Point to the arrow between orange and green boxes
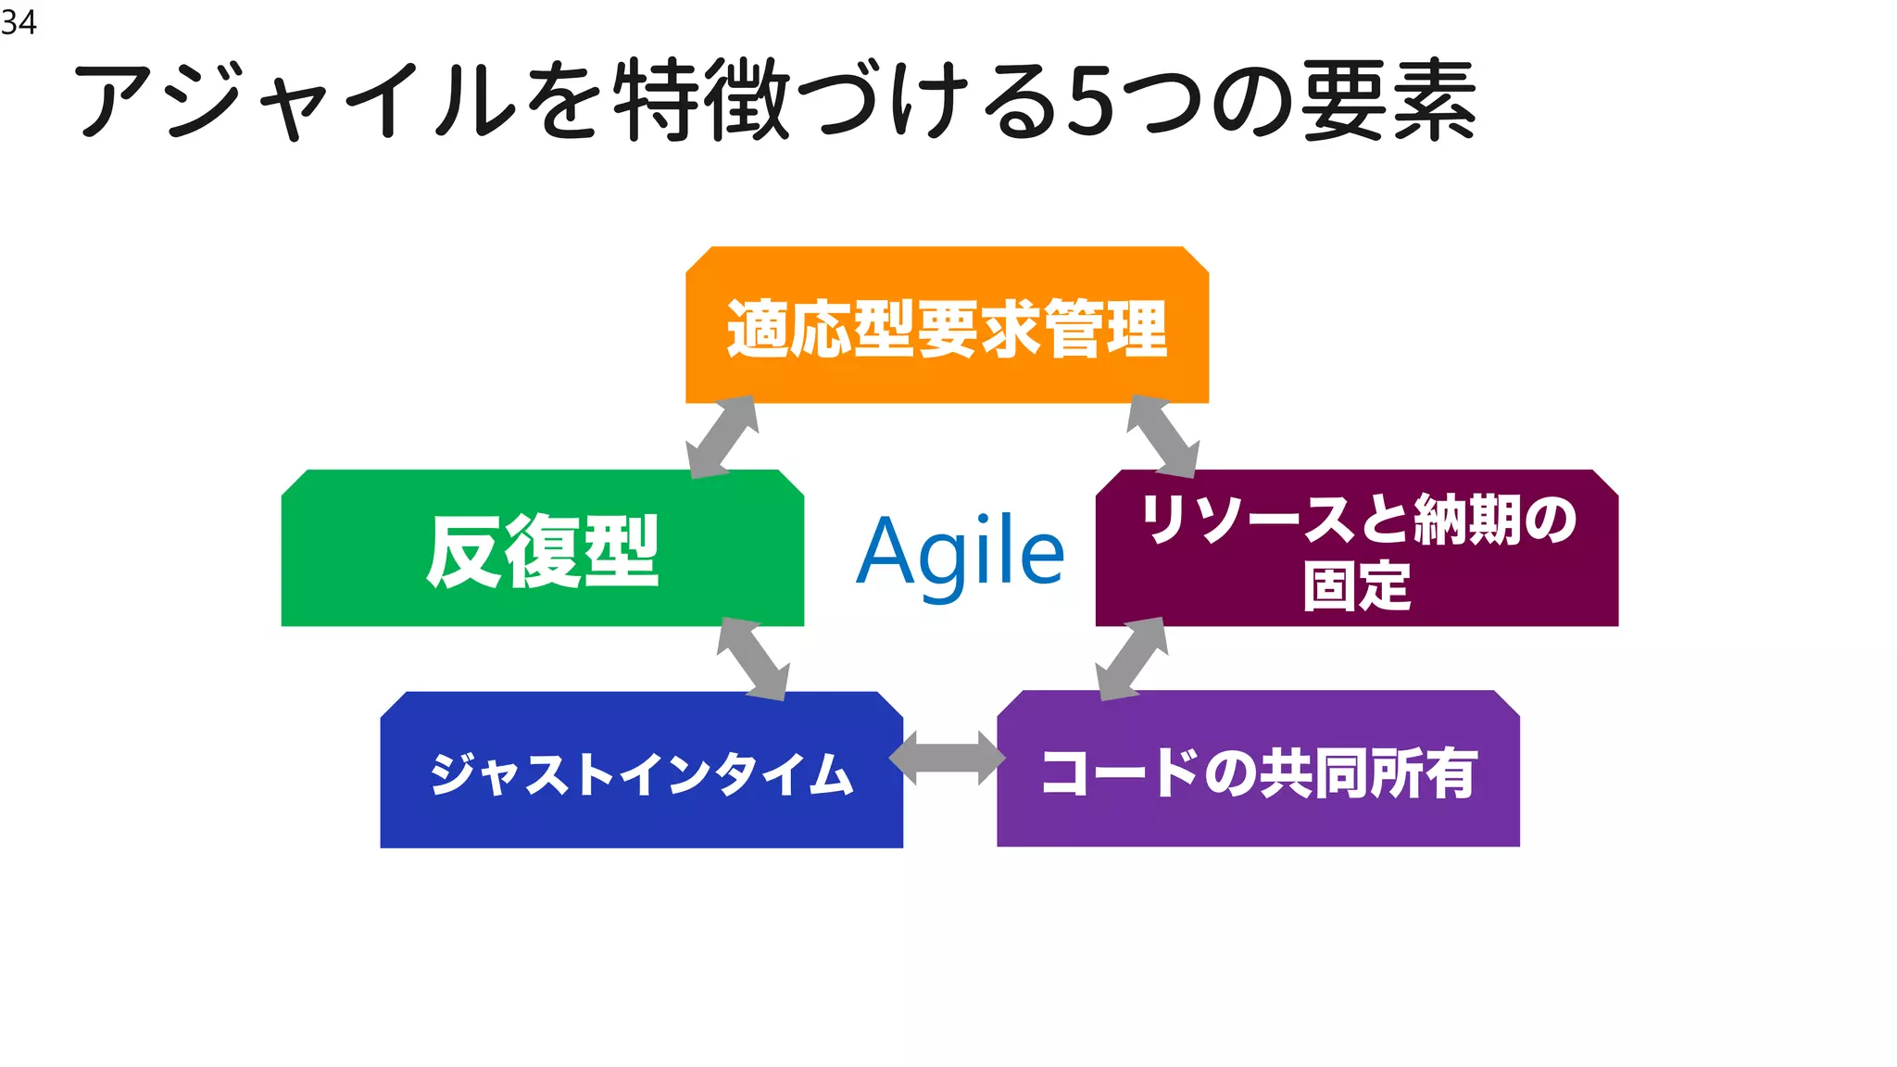tap(722, 436)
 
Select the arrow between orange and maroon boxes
tap(1162, 436)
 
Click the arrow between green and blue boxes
tap(753, 659)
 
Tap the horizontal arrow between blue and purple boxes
tap(948, 758)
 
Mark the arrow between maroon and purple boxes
tap(1131, 659)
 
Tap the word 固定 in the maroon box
tap(1357, 585)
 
